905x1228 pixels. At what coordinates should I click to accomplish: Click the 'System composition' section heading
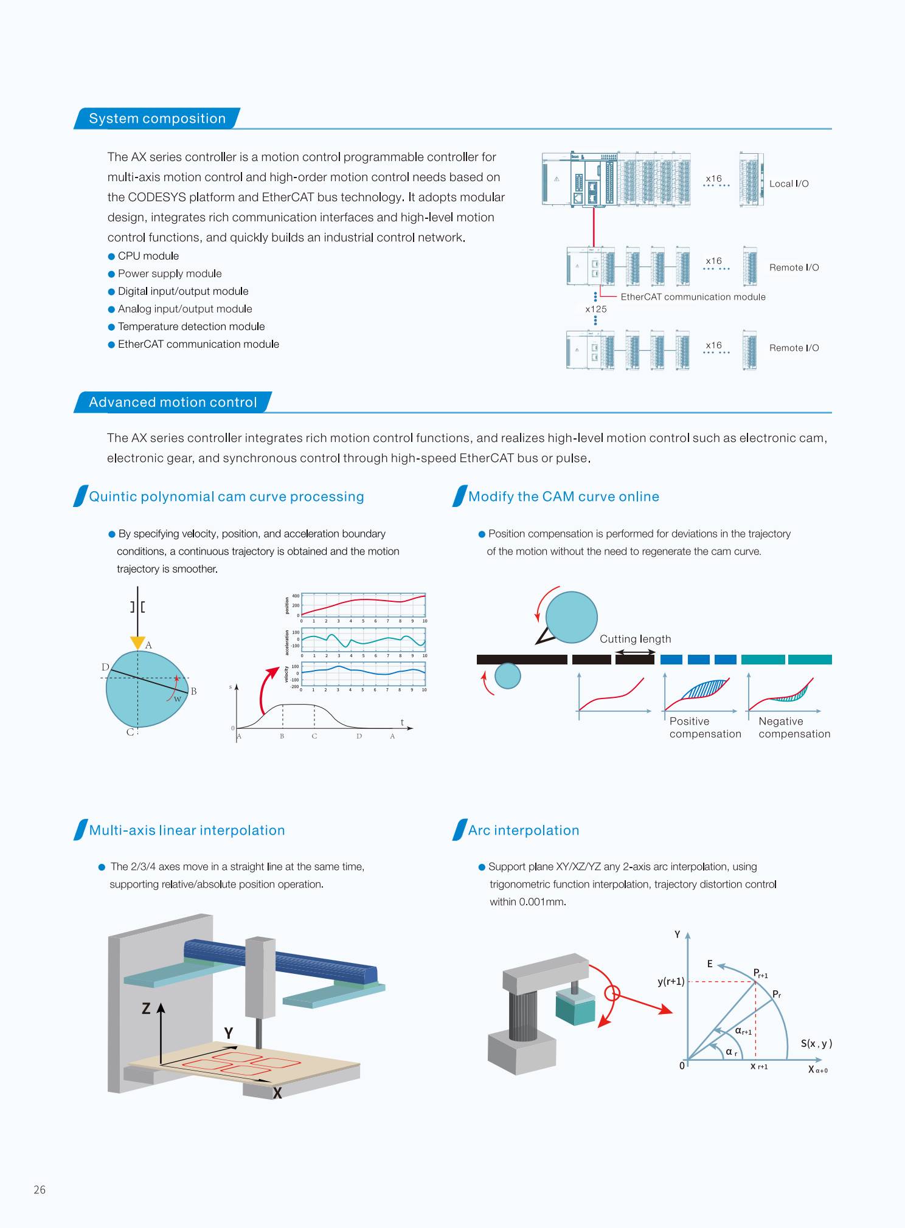[x=157, y=119]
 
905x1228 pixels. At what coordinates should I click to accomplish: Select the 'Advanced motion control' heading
[x=173, y=402]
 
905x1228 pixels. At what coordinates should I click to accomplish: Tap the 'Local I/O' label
[x=789, y=184]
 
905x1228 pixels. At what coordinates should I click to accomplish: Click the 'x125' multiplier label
[x=596, y=309]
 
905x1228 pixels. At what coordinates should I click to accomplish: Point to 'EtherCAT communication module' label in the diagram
[x=693, y=297]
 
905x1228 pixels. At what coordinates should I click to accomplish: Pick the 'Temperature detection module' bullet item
[x=191, y=326]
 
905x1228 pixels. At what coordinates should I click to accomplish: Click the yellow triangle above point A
[x=137, y=643]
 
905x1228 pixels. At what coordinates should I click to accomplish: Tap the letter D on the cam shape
[x=105, y=667]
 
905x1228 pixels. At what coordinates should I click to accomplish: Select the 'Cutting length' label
[x=636, y=639]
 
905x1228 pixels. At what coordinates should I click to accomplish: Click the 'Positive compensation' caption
[x=706, y=728]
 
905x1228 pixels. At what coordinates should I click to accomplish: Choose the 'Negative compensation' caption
[x=794, y=728]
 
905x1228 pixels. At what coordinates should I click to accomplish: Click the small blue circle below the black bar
[x=508, y=675]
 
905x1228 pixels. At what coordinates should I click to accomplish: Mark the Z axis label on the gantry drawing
[x=146, y=1009]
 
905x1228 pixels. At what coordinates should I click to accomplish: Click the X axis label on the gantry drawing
[x=277, y=1093]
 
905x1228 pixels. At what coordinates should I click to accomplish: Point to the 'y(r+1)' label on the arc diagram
[x=671, y=981]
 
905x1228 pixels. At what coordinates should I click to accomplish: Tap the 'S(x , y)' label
[x=816, y=1043]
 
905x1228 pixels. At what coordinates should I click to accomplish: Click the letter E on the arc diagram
[x=709, y=964]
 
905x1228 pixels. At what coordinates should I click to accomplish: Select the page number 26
[x=40, y=1190]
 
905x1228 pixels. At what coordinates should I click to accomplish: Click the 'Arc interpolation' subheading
[x=524, y=830]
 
